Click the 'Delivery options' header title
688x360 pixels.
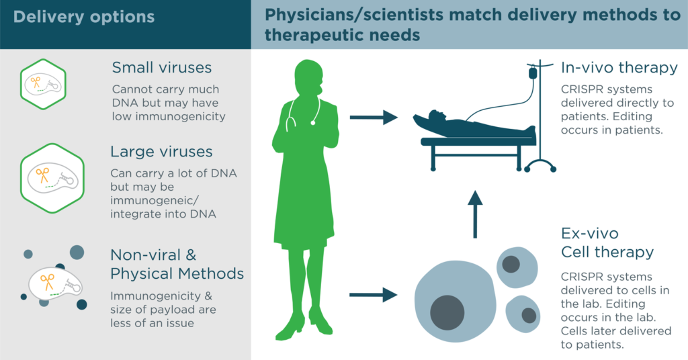point(84,17)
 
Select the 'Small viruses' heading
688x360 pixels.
point(161,68)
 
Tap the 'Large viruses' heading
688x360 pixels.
point(161,152)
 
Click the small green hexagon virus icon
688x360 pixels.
point(43,84)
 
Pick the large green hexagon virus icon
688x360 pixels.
point(52,179)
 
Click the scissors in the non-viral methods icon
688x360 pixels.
point(47,282)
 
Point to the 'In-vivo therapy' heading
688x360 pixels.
point(619,68)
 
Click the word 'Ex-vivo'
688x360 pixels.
point(589,233)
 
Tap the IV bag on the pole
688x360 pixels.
point(533,73)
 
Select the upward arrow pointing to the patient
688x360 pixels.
point(475,214)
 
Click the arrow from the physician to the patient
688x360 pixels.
point(374,118)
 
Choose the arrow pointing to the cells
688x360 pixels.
point(374,295)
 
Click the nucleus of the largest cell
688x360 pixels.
point(447,312)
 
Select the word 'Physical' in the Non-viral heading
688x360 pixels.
point(140,274)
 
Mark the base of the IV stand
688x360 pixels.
point(540,166)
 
